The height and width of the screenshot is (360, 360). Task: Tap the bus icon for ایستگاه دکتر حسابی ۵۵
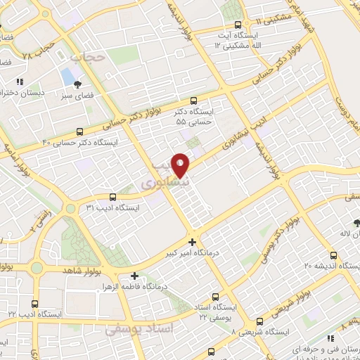click(x=194, y=100)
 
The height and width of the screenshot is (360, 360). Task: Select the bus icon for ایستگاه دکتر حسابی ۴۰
click(x=79, y=131)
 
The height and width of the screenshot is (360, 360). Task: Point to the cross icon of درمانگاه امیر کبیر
click(x=193, y=242)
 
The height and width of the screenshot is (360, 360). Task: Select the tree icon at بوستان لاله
click(x=356, y=223)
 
